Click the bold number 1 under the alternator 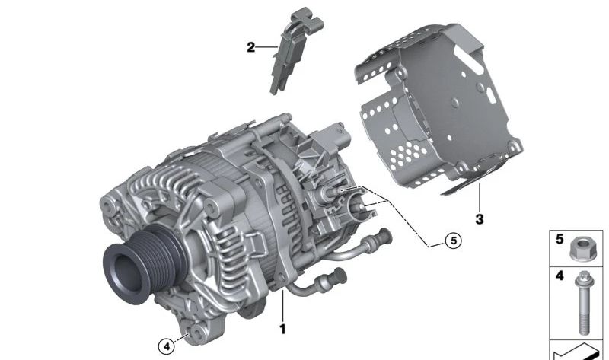282,330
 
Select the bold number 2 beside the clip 251,47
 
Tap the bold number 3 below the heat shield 480,219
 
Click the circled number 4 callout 167,346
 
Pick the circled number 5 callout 453,241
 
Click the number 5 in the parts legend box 560,239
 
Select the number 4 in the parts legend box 560,276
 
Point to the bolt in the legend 582,303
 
